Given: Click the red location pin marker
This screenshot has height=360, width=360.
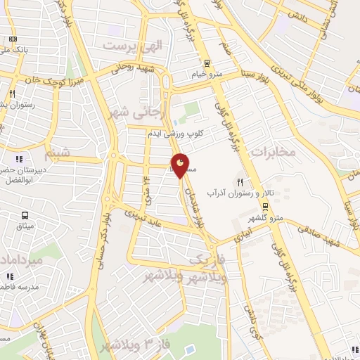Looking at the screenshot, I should [x=180, y=165].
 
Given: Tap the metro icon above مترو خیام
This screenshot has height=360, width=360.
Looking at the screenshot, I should [x=205, y=62].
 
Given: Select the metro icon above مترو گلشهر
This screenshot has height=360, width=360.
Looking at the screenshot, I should [x=266, y=207].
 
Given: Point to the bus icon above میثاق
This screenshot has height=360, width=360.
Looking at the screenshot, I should [x=25, y=216].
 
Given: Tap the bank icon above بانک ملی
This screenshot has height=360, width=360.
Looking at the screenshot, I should [x=11, y=39].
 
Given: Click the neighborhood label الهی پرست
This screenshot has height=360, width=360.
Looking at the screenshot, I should [x=133, y=46].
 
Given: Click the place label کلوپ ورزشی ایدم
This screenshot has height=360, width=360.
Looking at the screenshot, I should [x=176, y=133].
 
